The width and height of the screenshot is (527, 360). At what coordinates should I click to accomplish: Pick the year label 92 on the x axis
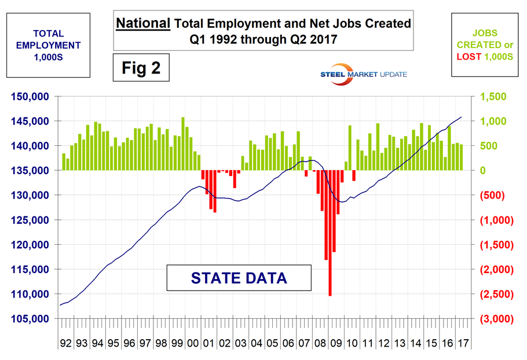65,343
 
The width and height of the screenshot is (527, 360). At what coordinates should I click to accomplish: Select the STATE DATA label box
239,278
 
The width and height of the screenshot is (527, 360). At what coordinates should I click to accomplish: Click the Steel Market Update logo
364,74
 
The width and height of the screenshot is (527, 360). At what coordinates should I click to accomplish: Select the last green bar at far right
461,157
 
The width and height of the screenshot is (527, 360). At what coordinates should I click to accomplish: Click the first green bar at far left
64,162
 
